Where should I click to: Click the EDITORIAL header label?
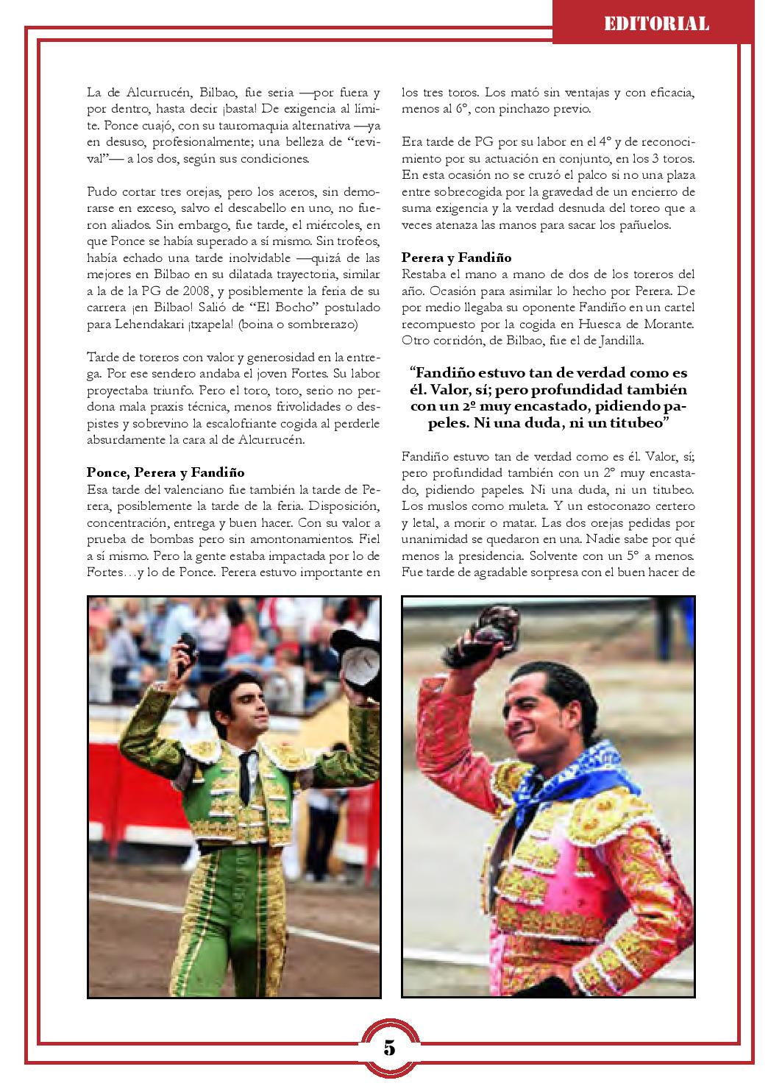point(656,24)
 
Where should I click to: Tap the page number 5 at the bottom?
point(389,1047)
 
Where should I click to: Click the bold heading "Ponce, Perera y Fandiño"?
point(166,472)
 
